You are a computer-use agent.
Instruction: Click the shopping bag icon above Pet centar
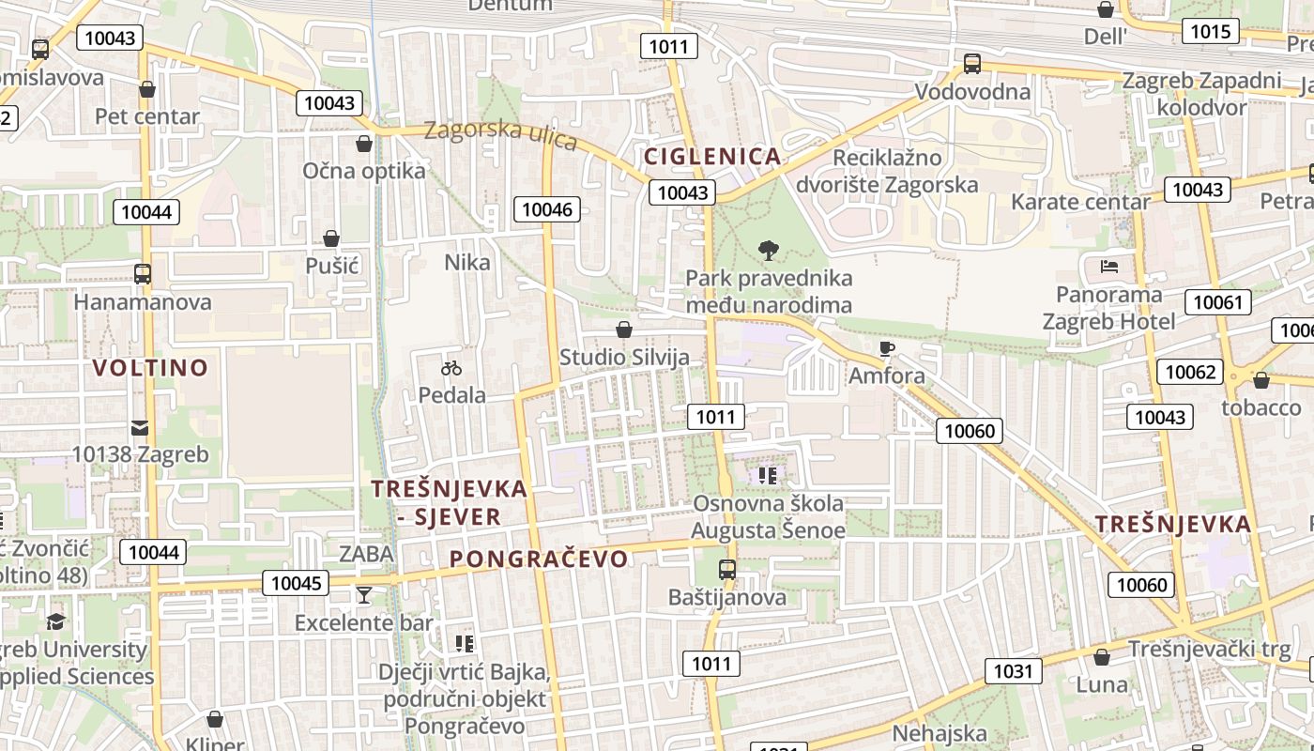[147, 89]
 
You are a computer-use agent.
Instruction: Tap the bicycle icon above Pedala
[451, 368]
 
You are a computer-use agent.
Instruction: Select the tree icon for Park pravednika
[769, 251]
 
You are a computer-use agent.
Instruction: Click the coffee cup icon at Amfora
[887, 349]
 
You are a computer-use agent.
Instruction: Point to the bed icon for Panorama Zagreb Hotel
[1108, 267]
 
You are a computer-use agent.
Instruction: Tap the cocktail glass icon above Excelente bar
[364, 594]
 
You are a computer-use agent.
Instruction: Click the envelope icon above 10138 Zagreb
[140, 428]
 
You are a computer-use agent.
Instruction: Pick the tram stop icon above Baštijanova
[727, 569]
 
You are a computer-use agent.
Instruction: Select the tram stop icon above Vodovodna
[972, 64]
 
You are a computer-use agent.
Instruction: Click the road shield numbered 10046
[547, 209]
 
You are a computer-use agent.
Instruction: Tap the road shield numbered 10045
[297, 583]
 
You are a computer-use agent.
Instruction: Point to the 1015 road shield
[1210, 31]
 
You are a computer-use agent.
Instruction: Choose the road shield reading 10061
[1218, 302]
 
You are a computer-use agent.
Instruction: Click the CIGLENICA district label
[712, 156]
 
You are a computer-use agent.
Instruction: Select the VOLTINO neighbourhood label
[150, 367]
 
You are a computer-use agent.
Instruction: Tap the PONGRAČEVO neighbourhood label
[539, 559]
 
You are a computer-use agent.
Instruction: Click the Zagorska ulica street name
[499, 133]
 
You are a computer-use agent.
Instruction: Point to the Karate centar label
[1080, 202]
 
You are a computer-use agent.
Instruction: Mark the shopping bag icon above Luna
[1102, 657]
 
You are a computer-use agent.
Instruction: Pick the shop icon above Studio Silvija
[624, 330]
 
